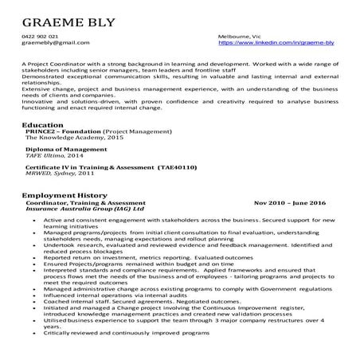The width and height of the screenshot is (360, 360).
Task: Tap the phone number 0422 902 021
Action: (x=39, y=37)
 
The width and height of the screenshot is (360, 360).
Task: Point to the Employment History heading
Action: (x=65, y=195)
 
